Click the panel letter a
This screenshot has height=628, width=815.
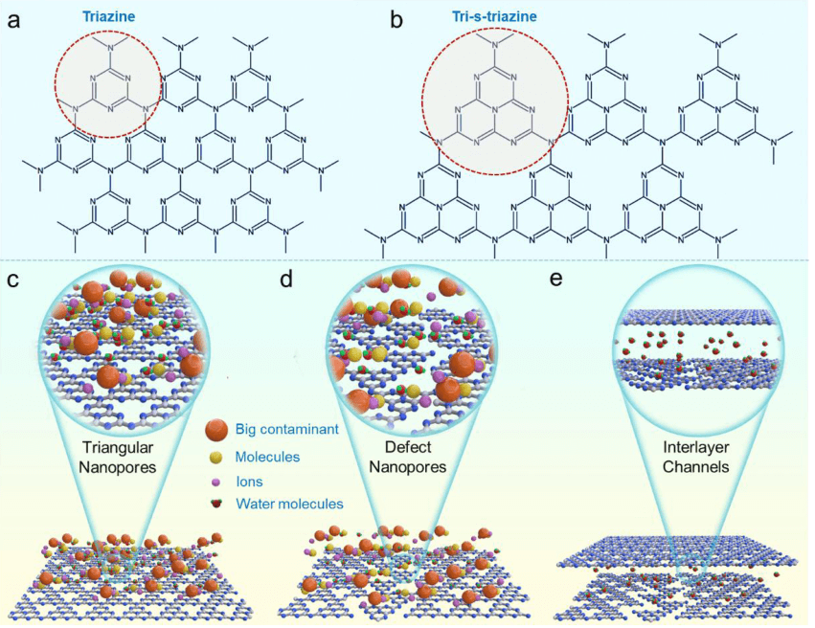click(13, 18)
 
